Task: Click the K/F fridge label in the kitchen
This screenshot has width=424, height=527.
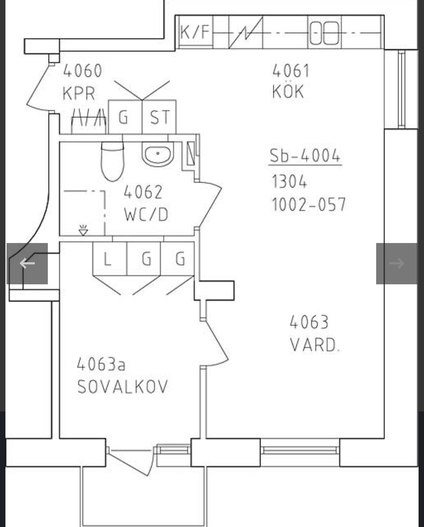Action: coord(195,32)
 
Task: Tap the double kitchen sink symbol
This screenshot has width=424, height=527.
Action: coord(324,33)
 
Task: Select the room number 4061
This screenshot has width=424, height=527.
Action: coord(291,71)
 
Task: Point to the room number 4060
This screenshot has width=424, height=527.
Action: coord(82,71)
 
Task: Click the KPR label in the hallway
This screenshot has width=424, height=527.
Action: coord(79,93)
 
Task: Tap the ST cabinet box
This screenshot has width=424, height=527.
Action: coord(159,117)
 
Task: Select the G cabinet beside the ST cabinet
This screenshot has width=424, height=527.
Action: coord(125,117)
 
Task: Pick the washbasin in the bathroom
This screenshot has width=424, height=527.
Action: coord(158,154)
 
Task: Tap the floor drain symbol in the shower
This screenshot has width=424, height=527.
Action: coord(83,230)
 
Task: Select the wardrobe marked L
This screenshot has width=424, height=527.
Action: coord(109,259)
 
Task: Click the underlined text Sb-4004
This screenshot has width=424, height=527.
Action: coord(305,156)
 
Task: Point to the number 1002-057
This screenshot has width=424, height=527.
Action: coord(309,204)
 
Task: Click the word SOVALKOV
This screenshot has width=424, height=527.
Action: coord(122,387)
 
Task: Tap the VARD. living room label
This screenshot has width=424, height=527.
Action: coord(315,345)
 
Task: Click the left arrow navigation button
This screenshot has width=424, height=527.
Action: coord(27,264)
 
